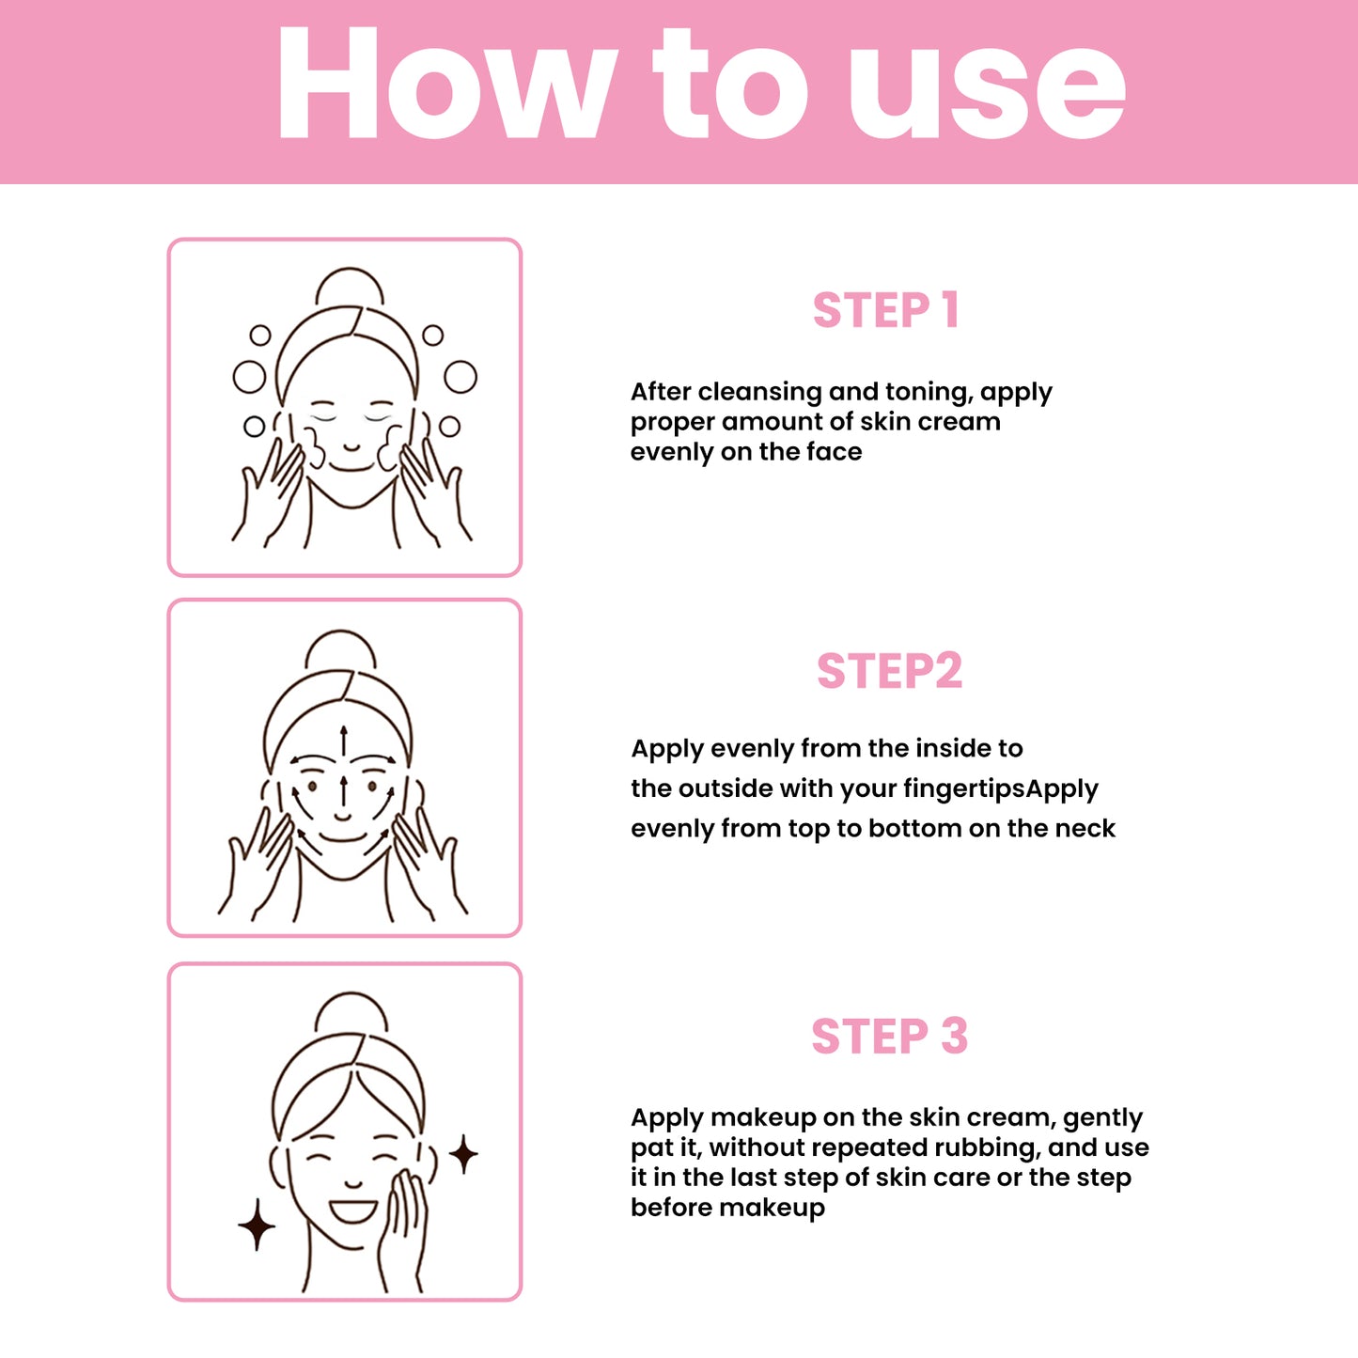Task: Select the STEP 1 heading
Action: pos(885,310)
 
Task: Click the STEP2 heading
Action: pos(889,670)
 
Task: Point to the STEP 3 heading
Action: pos(889,1036)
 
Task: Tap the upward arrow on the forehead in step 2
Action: pos(344,741)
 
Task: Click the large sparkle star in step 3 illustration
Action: pos(257,1225)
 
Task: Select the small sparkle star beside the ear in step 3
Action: pos(463,1154)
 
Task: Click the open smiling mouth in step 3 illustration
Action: pos(353,1211)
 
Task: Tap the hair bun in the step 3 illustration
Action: pos(351,1012)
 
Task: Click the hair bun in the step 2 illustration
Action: pos(340,649)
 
